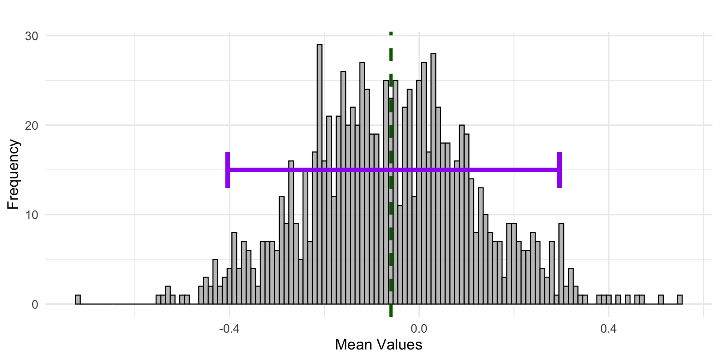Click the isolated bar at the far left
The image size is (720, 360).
point(78,300)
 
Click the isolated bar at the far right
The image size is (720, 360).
point(679,300)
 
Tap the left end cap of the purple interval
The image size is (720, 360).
point(228,170)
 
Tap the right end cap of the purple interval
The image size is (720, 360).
point(559,170)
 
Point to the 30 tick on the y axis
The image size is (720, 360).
point(31,36)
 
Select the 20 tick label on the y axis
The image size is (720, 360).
point(31,126)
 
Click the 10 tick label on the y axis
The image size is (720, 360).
point(31,215)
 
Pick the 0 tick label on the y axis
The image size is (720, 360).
point(35,304)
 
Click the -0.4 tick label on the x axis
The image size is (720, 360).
point(229,329)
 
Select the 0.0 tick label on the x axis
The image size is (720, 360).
point(419,329)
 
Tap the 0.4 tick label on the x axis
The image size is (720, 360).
point(608,329)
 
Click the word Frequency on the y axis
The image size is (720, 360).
point(13,174)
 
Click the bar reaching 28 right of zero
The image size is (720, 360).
point(433,180)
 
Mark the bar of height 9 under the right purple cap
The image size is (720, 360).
point(561,262)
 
